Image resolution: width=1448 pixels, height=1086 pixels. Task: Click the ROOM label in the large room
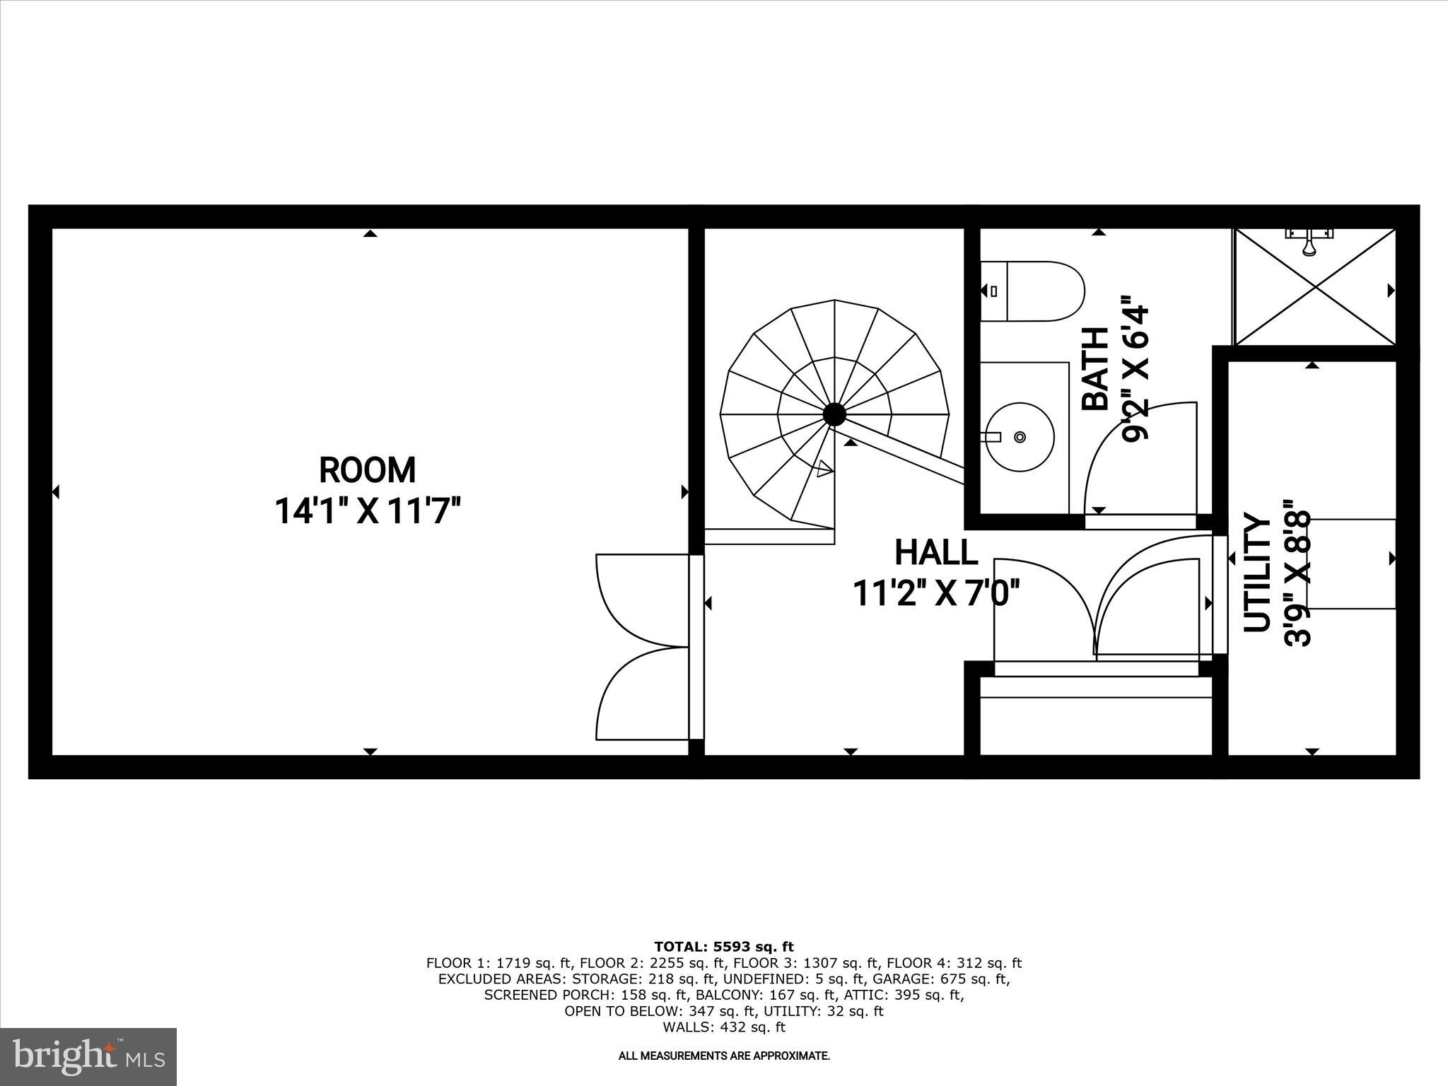367,470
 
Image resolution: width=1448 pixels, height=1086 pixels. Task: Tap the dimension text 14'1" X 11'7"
367,511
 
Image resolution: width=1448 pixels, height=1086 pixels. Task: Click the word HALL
936,553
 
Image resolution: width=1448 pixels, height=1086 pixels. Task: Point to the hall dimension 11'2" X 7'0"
936,593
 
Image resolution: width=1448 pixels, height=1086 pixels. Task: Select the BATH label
1096,369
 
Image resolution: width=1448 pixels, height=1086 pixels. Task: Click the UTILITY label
1257,573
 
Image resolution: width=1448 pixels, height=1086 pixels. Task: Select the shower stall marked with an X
1315,287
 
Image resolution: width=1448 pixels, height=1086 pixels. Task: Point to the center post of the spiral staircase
834,414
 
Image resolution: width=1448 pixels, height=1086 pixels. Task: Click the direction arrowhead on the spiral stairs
824,469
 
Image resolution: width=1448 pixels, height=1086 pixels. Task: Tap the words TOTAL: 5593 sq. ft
723,947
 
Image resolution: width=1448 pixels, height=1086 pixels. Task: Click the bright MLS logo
88,1056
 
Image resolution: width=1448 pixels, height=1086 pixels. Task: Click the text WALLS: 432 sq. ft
723,1027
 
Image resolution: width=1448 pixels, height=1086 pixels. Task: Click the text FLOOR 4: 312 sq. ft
954,963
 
